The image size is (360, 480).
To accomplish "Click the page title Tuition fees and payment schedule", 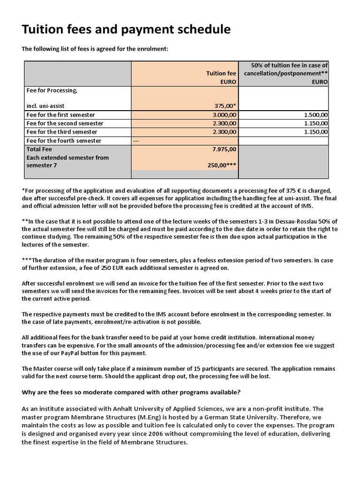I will coord(127,30).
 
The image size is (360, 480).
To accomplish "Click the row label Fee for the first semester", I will coord(61,114).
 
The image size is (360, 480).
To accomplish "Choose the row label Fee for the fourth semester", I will coord(64,141).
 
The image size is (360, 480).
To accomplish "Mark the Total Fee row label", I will coord(40,149).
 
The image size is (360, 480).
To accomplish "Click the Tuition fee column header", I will coord(221,73).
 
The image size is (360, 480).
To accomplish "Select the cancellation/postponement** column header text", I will coord(285,73).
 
